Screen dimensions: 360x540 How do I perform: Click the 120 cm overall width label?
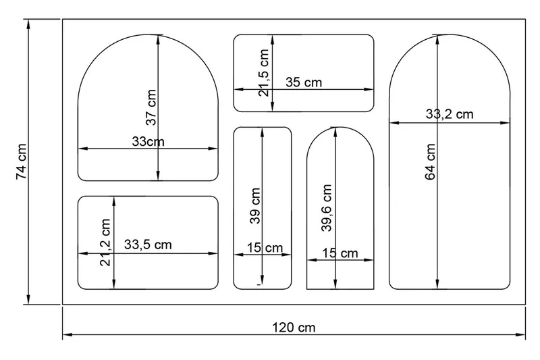pos(294,328)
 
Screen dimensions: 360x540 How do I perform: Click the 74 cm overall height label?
pos(22,161)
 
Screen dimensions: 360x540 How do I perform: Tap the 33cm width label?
pos(147,142)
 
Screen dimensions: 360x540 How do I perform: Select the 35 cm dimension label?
pos(304,83)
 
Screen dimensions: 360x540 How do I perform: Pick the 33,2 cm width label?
pos(450,114)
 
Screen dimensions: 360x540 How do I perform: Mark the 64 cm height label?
pos(431,161)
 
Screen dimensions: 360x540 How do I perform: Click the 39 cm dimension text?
pos(255,205)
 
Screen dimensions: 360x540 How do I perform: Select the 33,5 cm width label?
pos(148,245)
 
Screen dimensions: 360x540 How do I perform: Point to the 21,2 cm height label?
pos(105,241)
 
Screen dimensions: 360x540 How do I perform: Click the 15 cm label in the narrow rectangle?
pos(265,248)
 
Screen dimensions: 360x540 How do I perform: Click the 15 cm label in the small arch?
pos(340,254)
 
